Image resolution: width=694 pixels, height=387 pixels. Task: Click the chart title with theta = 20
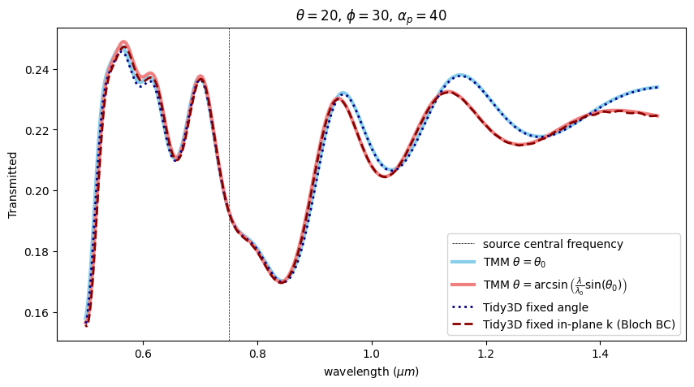(x=372, y=16)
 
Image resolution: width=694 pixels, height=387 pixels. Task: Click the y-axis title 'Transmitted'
(x=13, y=184)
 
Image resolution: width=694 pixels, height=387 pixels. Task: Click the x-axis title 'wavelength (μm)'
(x=372, y=372)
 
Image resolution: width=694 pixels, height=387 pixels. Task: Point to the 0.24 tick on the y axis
(x=37, y=70)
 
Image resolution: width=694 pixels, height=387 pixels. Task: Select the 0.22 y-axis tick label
(x=37, y=130)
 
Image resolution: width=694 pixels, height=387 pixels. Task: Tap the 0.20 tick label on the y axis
(x=37, y=191)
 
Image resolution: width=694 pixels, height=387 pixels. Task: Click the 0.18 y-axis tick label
(x=37, y=252)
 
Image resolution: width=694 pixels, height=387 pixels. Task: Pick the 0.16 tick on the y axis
(x=37, y=313)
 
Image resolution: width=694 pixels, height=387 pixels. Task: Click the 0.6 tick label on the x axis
(x=143, y=354)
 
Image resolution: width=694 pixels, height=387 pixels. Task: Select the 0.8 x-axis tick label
(x=257, y=354)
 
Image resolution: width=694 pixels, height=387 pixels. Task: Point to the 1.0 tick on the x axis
(x=372, y=354)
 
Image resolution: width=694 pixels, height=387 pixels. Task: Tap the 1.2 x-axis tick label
(x=486, y=354)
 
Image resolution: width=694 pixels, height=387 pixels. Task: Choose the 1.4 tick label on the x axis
(x=601, y=354)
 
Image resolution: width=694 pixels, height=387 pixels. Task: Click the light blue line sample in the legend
(x=463, y=262)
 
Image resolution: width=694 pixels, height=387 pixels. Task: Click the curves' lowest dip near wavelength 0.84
(x=281, y=282)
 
